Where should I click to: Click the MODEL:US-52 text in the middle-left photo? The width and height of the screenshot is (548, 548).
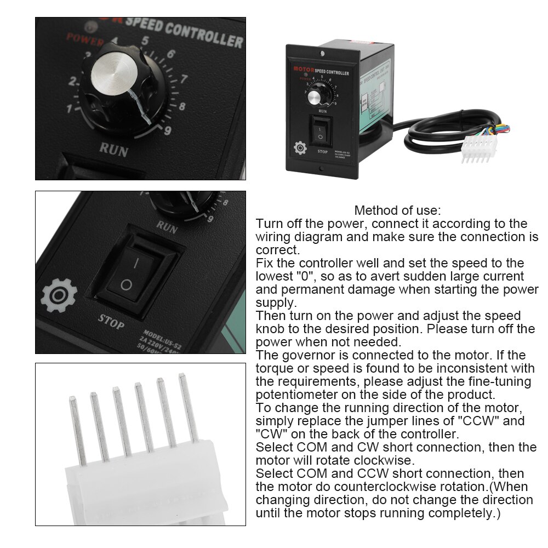point(159,335)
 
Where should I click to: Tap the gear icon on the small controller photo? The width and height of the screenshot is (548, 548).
point(300,148)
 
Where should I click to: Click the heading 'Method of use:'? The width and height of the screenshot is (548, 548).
point(397,210)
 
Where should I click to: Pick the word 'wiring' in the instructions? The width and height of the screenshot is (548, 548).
point(275,237)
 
